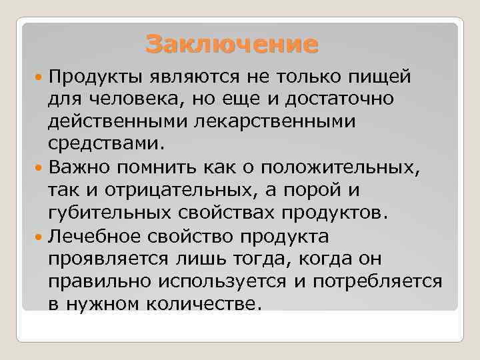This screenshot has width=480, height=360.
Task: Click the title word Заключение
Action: [232, 45]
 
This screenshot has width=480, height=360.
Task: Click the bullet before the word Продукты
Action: [41, 77]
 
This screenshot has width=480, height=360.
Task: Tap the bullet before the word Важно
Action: [41, 167]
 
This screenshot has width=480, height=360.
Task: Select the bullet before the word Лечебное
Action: [41, 237]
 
